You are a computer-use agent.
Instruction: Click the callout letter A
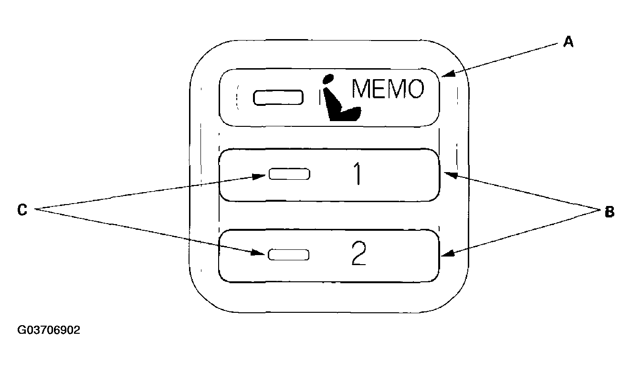click(568, 42)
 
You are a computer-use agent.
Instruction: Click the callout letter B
click(609, 212)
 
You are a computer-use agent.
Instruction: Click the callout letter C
click(22, 209)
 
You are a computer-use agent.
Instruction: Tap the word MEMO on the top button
click(387, 89)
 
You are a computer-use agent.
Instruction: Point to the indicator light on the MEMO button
click(278, 97)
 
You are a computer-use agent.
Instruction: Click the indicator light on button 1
click(289, 174)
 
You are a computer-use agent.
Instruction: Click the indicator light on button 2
click(289, 255)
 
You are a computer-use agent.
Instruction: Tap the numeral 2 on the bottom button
click(358, 255)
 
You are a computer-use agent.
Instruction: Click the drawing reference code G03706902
click(49, 330)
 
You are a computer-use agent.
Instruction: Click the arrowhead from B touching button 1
click(449, 175)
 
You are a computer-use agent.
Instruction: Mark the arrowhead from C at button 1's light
click(261, 176)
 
